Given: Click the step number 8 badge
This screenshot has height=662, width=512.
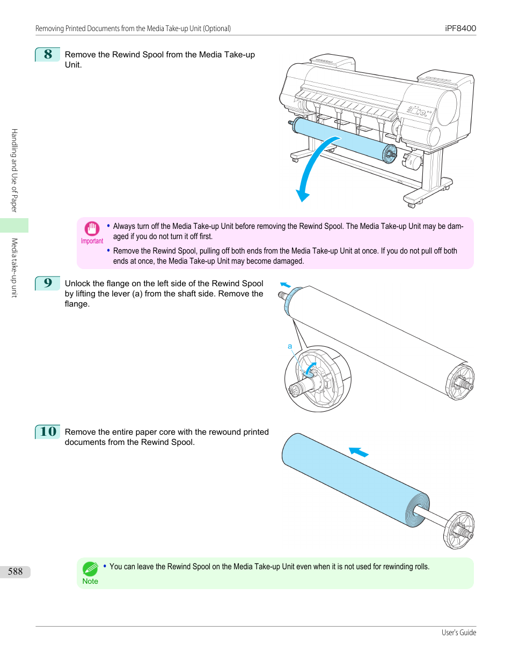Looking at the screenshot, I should (x=48, y=54).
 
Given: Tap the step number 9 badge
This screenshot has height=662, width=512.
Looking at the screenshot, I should (x=48, y=283).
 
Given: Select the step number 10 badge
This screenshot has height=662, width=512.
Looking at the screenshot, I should (x=48, y=432).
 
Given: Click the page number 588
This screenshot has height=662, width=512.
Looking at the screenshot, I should (x=15, y=571).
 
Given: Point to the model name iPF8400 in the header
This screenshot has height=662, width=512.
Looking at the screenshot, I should (x=460, y=28).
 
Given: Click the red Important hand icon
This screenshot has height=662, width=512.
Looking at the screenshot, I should (x=92, y=229).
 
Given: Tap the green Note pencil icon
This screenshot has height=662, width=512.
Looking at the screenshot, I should (x=90, y=568).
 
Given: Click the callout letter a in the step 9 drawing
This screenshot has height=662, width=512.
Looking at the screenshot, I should (x=290, y=346).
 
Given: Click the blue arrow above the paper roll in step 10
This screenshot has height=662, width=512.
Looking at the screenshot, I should (x=359, y=452).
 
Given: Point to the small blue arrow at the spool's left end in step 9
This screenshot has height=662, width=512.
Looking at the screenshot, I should (x=286, y=285).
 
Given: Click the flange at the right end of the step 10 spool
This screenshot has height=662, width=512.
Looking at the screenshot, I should (x=459, y=530).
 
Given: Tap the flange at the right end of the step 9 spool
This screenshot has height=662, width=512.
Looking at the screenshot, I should (x=460, y=382).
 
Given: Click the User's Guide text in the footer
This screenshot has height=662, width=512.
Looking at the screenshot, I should (x=459, y=633).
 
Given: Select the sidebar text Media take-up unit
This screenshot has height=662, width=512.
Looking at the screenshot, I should (x=14, y=267).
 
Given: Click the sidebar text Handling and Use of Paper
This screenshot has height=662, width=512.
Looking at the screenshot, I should (x=14, y=170).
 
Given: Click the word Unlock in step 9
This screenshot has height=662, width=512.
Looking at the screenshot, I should (x=77, y=284).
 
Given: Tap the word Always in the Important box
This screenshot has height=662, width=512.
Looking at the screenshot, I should (x=124, y=226).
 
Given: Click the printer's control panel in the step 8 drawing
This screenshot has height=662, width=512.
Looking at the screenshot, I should (x=418, y=111).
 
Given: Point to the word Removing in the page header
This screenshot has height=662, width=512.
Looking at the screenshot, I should (x=49, y=28).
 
